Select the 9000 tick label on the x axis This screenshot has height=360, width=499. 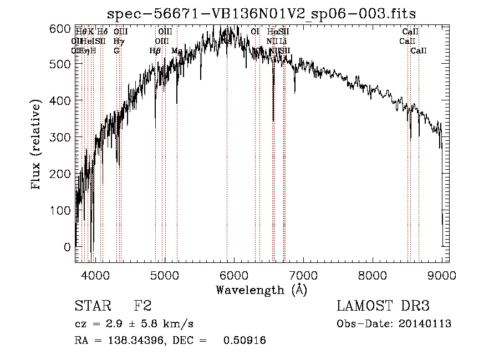[x=442, y=274]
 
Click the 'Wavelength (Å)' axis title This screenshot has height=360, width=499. [x=261, y=290]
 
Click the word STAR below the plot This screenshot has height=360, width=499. [x=93, y=306]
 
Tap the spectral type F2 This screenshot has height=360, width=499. [x=143, y=306]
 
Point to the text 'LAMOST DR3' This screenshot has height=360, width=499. [x=383, y=306]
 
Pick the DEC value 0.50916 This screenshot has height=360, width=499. [x=244, y=341]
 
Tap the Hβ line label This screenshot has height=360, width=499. [x=155, y=50]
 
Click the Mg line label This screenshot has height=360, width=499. [x=177, y=50]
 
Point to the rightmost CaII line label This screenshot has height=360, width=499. [x=419, y=50]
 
